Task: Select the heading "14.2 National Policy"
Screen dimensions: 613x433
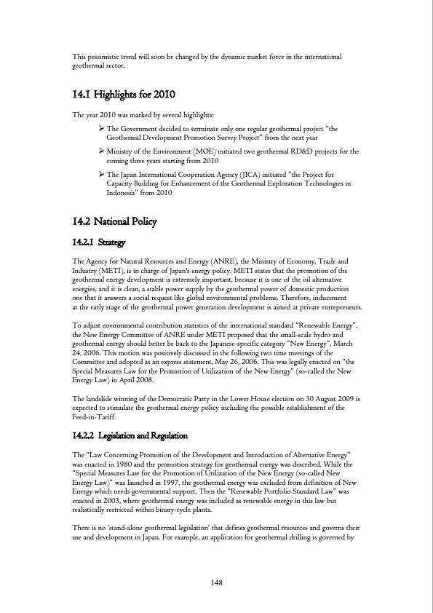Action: coord(114,221)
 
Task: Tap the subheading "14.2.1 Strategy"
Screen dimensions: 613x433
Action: coord(99,242)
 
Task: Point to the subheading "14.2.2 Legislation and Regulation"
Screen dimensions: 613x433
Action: coord(130,435)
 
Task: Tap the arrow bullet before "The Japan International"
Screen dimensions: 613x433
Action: coord(101,175)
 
